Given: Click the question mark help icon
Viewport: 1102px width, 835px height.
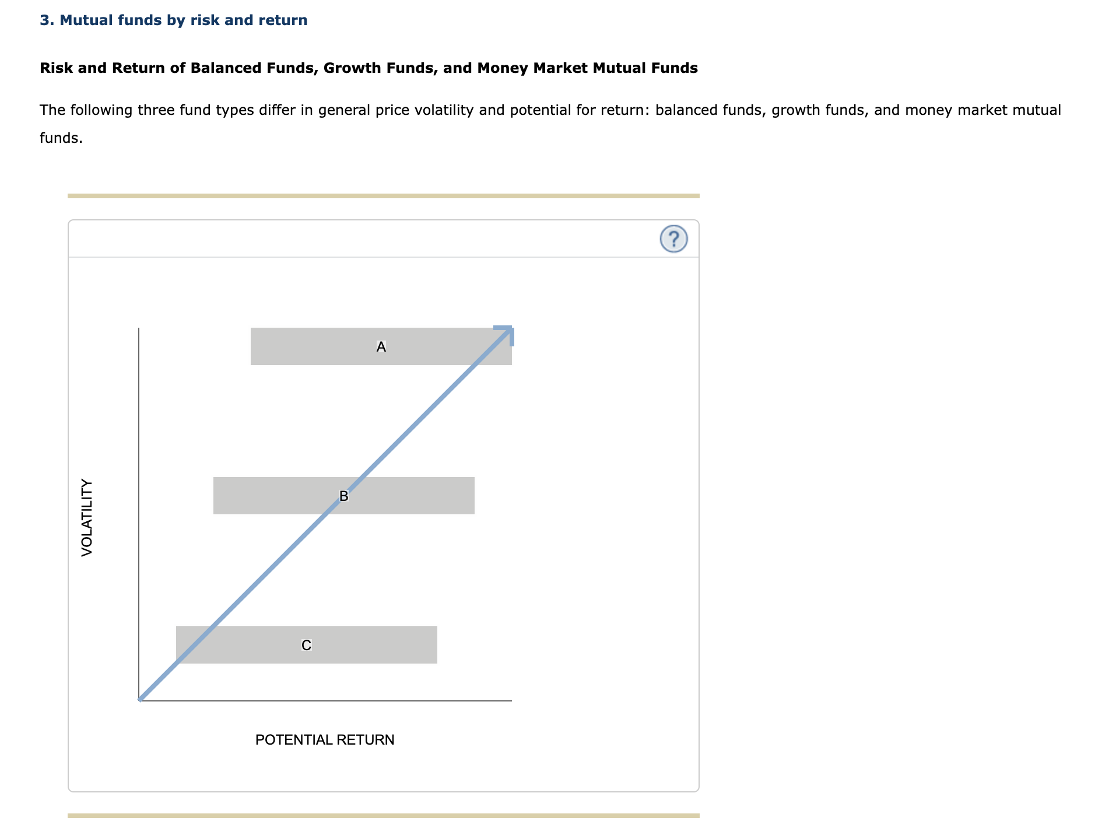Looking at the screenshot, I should click(x=673, y=239).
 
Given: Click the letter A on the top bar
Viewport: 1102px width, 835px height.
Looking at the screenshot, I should click(x=381, y=347).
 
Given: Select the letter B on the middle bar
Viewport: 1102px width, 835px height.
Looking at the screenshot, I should click(x=343, y=496).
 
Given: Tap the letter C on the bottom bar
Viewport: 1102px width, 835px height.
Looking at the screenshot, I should click(x=306, y=645).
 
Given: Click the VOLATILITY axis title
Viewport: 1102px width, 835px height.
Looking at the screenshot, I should click(x=87, y=517).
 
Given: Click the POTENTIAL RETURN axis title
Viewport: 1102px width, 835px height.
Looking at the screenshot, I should click(x=325, y=739).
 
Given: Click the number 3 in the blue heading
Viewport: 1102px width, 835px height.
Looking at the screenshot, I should click(x=44, y=20).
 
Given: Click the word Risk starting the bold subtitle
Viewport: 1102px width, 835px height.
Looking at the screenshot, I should click(x=57, y=68).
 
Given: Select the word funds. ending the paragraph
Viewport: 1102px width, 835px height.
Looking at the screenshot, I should click(x=61, y=138).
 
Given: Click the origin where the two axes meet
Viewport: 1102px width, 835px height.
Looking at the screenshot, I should click(x=139, y=700).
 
